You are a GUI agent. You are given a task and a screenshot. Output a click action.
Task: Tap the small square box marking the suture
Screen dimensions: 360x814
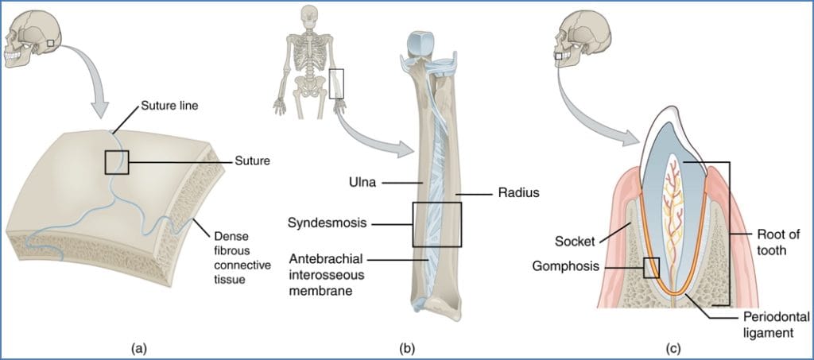(x=117, y=161)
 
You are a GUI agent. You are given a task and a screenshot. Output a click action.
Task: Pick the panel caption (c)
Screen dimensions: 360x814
(x=672, y=347)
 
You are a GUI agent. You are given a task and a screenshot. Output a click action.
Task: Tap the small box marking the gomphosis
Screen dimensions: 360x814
(x=651, y=267)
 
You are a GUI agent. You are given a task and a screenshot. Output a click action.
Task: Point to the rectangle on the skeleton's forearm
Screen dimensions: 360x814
(x=337, y=83)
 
